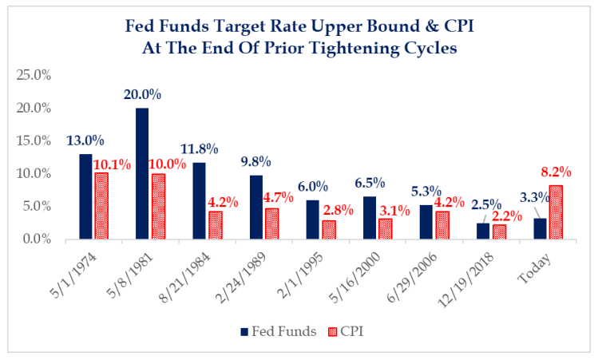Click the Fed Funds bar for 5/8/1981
142,173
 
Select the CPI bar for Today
555,212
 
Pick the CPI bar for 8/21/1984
215,225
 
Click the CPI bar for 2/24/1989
271,224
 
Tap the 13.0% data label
85,140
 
